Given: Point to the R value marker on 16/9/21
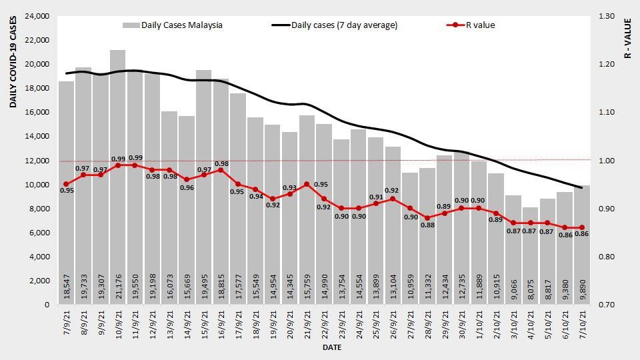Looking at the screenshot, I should pyautogui.click(x=221, y=170).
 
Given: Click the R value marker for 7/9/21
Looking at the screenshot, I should pyautogui.click(x=66, y=184).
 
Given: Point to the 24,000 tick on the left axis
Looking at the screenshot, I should pyautogui.click(x=36, y=16).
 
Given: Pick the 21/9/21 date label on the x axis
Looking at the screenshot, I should pyautogui.click(x=307, y=327).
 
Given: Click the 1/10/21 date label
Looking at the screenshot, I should pyautogui.click(x=479, y=327).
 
